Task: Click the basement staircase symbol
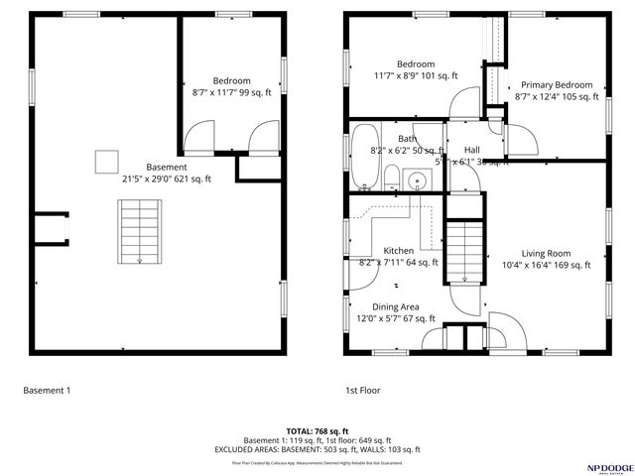(139, 231)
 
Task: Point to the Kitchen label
(398, 251)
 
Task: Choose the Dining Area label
(396, 307)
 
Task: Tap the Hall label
(472, 150)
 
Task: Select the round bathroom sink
(418, 180)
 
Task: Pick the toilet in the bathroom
(392, 179)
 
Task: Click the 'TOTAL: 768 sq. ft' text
(317, 431)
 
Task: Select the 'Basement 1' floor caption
(47, 391)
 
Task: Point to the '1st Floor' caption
(363, 391)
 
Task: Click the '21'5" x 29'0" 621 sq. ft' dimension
(166, 178)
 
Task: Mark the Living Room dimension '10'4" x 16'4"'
(545, 265)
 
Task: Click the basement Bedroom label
(231, 80)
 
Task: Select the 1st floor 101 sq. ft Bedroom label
(417, 63)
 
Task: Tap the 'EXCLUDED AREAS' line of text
(317, 449)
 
